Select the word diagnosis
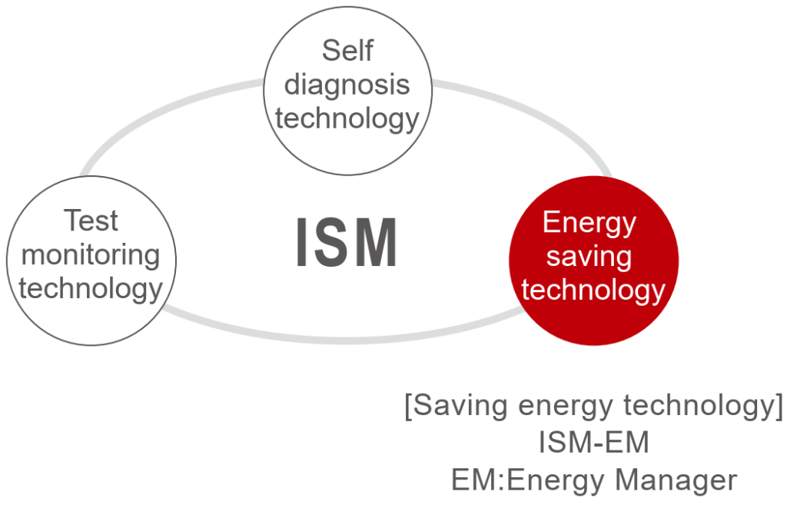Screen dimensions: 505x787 coord(347,85)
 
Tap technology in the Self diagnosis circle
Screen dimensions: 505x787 coord(347,119)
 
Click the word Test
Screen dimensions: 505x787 coord(91,221)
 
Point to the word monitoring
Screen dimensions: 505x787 coord(91,255)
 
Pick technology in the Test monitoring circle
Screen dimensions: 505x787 coord(91,289)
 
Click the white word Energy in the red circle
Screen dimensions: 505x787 coord(589,223)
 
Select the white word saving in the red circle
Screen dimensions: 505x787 coord(589,257)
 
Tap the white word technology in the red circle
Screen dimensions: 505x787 coord(593,291)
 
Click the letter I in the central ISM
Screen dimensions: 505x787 coord(303,243)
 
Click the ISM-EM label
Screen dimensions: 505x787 coord(593,444)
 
